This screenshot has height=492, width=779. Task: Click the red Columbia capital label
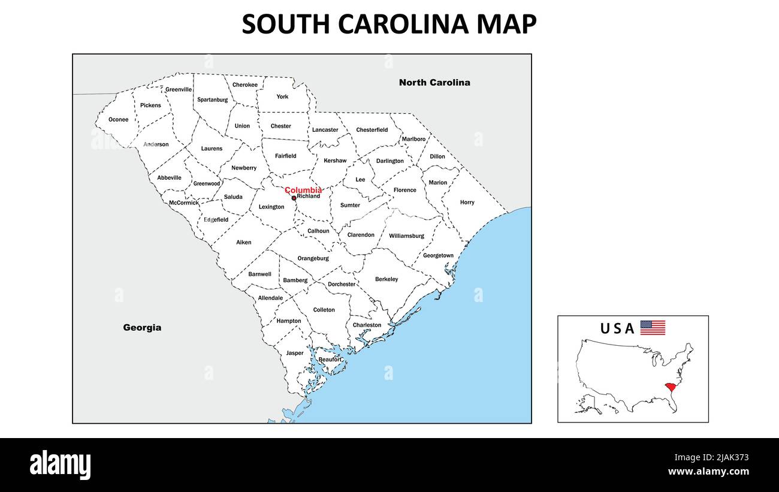[x=303, y=190]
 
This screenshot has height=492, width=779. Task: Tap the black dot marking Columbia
[x=294, y=198]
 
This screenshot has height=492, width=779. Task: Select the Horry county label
[x=467, y=203]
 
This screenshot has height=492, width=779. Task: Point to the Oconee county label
[x=118, y=119]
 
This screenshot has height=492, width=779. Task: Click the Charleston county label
[x=367, y=325]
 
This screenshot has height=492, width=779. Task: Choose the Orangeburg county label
[x=313, y=258]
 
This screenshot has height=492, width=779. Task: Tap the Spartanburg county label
[x=212, y=99]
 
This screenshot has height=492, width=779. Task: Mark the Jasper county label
[x=294, y=353]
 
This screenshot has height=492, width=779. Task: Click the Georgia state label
[x=142, y=328]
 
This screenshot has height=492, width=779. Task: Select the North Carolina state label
[x=434, y=83]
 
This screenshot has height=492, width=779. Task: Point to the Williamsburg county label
[x=406, y=236]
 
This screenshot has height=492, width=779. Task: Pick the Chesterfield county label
[x=372, y=130]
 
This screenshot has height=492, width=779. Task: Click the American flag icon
[x=653, y=328]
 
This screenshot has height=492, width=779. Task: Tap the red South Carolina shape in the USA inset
[x=670, y=388]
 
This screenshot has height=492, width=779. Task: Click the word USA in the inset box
[x=617, y=328]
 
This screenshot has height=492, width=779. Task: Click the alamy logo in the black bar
[x=60, y=465]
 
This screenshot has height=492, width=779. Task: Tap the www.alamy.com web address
[x=708, y=472]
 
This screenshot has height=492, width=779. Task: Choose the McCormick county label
[x=183, y=203]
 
